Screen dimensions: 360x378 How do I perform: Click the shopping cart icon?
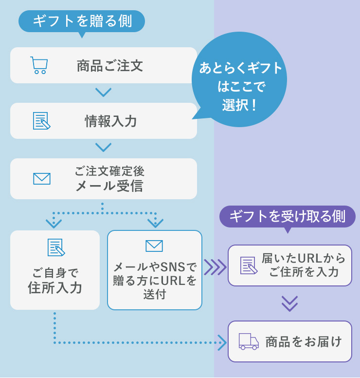point(39,65)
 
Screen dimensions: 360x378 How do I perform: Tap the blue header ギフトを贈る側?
point(82,21)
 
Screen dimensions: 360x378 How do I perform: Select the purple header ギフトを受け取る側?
point(288,217)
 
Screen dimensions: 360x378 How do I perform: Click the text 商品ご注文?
point(110,66)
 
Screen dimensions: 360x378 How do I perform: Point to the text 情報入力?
point(111,121)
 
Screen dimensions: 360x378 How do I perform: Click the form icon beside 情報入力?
point(42,121)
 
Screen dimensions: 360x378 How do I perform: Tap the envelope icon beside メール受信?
point(42,179)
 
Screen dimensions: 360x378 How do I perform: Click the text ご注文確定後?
point(109,171)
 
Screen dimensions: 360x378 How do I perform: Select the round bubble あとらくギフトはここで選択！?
point(239,79)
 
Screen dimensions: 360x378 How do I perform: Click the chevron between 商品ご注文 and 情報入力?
point(104,92)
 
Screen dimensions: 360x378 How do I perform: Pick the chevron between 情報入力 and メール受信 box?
point(104,147)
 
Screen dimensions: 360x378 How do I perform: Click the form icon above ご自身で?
point(56,247)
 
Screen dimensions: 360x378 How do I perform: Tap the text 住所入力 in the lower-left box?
point(55,288)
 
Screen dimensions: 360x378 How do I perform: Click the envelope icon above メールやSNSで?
point(154,246)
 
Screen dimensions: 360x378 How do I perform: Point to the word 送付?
point(155,294)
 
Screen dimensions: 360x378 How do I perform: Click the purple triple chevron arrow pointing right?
point(215,267)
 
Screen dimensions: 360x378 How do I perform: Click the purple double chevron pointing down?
point(289,304)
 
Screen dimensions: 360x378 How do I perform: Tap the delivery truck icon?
point(249,341)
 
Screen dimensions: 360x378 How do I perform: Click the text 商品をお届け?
point(304,342)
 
